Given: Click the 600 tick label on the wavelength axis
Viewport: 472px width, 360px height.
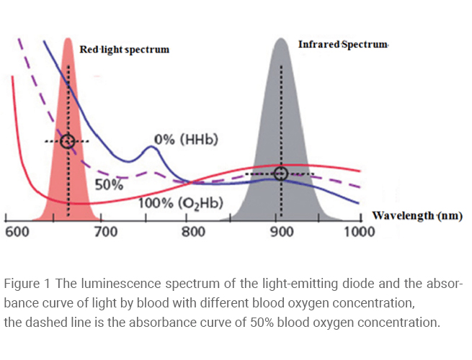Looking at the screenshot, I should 17,232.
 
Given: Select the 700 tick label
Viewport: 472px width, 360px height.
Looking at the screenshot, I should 105,232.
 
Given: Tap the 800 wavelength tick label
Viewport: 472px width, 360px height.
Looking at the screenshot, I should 193,232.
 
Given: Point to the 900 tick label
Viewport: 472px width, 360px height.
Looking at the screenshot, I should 281,232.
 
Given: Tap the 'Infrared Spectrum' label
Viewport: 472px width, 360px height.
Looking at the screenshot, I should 343,45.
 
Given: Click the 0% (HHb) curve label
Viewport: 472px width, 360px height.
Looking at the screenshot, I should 186,138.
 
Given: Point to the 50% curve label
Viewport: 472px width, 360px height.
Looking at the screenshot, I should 110,184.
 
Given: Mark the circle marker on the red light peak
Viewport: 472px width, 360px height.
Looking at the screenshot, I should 68,141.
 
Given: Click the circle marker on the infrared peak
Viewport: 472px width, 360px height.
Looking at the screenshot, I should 281,174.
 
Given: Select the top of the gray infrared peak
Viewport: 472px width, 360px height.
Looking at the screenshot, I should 282,40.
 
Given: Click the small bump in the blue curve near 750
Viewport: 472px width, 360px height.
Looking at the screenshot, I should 152,148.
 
